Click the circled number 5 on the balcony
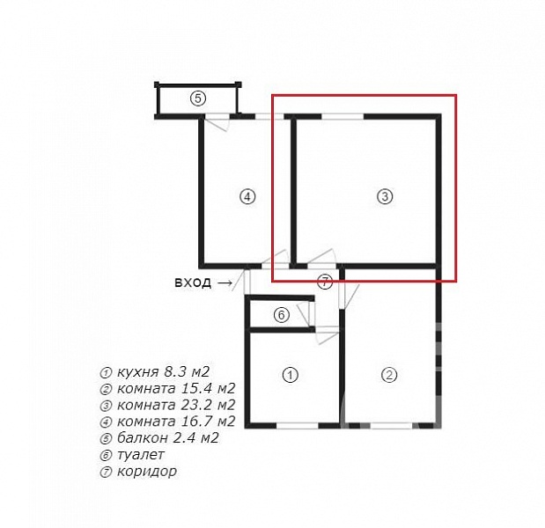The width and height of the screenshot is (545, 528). point(198,99)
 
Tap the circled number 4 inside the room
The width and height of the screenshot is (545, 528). point(247,196)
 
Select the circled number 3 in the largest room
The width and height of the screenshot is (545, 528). point(385,196)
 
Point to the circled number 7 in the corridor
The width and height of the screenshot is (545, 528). point(325,282)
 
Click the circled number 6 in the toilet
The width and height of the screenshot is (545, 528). point(282,315)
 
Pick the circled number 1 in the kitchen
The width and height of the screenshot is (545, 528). point(291,375)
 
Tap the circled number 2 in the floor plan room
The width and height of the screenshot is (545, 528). point(389,375)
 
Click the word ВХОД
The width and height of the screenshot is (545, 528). point(193,282)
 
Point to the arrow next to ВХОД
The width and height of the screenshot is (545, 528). point(225,283)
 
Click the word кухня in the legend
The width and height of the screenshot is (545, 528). point(138,373)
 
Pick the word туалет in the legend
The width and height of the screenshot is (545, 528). point(141,455)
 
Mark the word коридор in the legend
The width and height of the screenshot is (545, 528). point(147,472)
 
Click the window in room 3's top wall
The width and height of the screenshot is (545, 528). point(342,116)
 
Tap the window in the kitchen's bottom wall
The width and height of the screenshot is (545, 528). point(298,425)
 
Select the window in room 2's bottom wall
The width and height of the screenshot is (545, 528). point(392,425)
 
